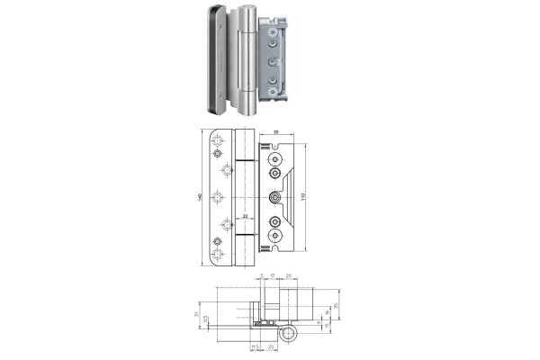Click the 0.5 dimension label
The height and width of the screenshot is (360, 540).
coord(206,319)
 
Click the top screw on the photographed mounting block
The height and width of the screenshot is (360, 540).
coord(271,36)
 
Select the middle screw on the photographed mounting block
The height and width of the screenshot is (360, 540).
coord(271,63)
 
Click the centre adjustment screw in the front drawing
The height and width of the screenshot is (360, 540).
coord(273,198)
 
